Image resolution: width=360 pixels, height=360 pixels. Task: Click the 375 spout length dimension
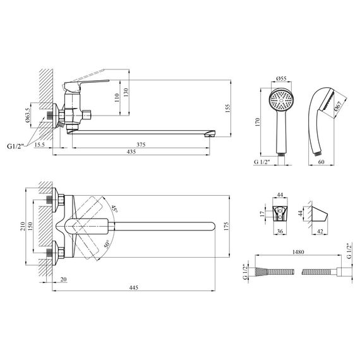pyautogui.click(x=141, y=145)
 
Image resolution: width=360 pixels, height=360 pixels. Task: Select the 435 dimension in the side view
pyautogui.click(x=131, y=152)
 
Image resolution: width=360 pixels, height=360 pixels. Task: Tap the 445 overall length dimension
pyautogui.click(x=134, y=287)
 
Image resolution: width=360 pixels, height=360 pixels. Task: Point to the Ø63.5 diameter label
pyautogui.click(x=27, y=115)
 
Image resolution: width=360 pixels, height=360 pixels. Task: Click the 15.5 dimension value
pyautogui.click(x=40, y=145)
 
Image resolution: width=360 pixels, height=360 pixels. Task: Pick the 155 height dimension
pyautogui.click(x=227, y=109)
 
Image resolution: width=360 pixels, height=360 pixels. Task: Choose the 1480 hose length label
pyautogui.click(x=298, y=252)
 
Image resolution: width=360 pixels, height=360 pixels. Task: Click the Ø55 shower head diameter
pyautogui.click(x=281, y=78)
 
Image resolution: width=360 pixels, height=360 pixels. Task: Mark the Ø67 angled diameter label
pyautogui.click(x=338, y=106)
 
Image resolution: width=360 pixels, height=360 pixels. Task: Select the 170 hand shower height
pyautogui.click(x=257, y=122)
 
